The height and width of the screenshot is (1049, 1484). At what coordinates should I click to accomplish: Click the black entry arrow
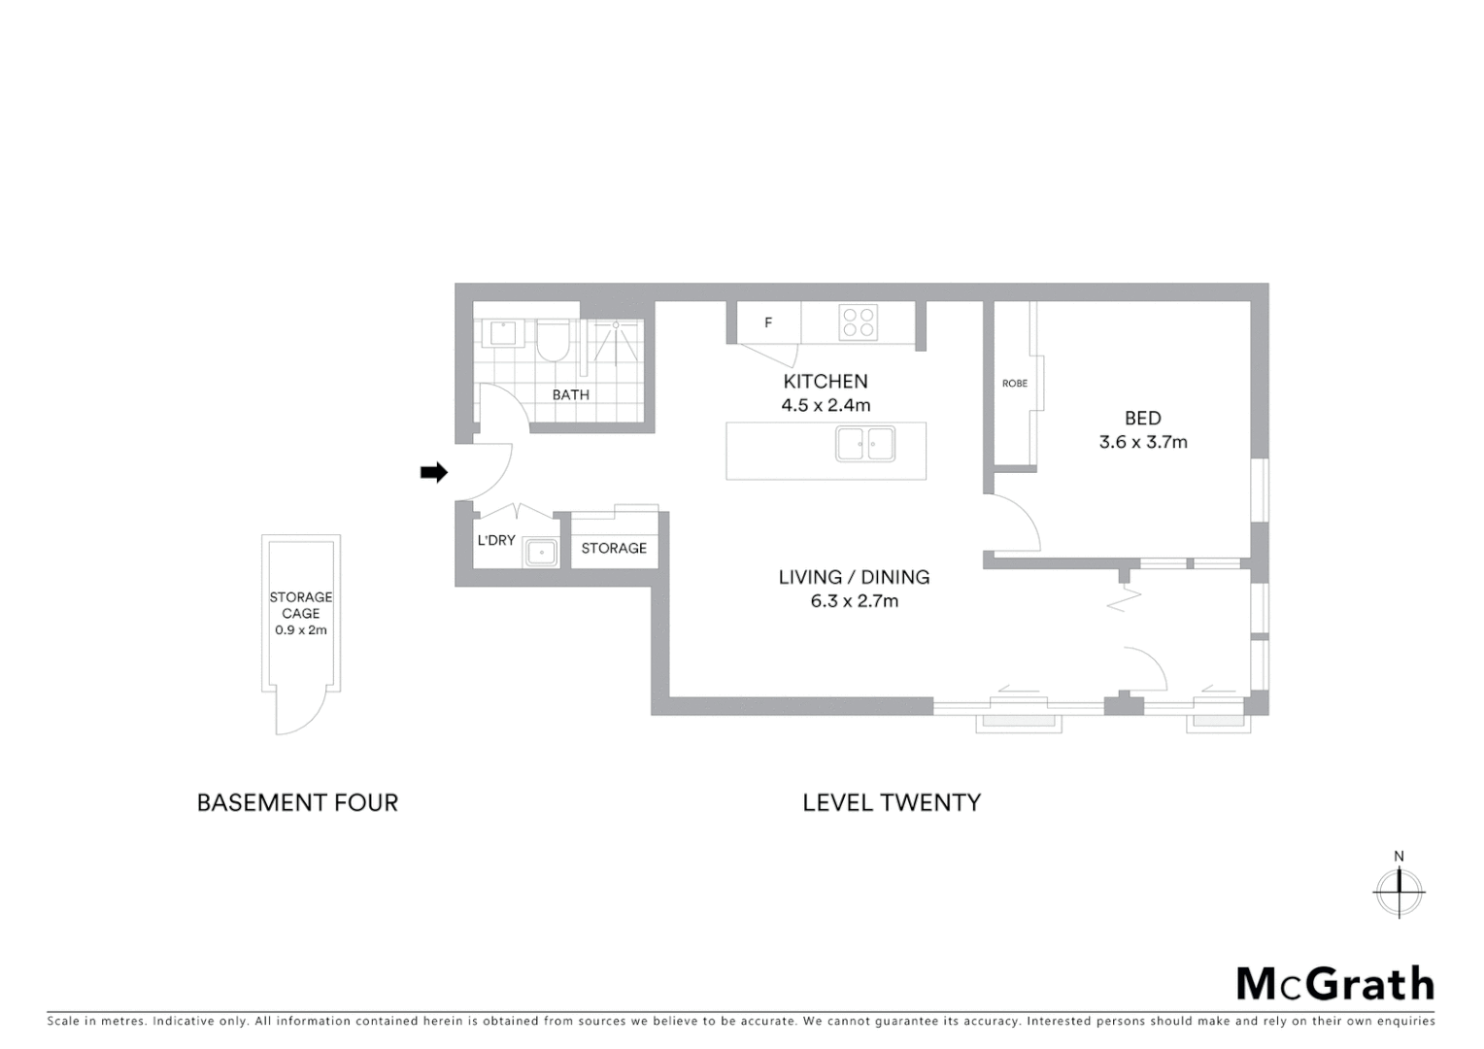[x=433, y=473]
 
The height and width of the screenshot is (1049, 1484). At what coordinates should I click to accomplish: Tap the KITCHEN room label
[x=826, y=382]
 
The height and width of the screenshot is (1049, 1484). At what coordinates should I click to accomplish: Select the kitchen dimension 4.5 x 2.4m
[x=826, y=405]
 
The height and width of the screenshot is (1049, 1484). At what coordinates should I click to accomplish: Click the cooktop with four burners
[x=859, y=322]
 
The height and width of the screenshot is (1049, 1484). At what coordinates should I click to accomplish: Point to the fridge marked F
[x=768, y=322]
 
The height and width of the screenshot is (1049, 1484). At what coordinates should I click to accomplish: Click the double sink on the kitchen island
[x=865, y=444]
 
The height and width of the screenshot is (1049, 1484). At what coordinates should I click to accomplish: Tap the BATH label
[x=571, y=395]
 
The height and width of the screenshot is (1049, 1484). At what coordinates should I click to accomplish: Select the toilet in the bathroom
[x=553, y=341]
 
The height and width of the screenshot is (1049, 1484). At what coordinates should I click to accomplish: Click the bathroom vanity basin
[x=503, y=333]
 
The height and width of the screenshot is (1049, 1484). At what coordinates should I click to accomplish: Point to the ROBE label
[x=1015, y=384]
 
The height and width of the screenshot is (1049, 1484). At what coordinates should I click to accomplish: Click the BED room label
[x=1143, y=419]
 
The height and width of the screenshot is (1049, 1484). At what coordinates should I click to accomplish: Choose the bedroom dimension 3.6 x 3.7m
[x=1143, y=442]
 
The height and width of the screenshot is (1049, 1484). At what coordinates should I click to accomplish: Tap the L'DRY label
[x=495, y=540]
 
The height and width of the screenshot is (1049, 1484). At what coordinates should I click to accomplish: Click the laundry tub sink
[x=540, y=553]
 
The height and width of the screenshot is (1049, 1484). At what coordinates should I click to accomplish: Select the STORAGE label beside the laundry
[x=614, y=549]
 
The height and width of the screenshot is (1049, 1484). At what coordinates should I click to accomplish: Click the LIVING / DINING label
[x=855, y=577]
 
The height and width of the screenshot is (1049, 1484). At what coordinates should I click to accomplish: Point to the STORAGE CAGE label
[x=301, y=605]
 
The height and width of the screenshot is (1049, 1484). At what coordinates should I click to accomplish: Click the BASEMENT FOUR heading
[x=297, y=803]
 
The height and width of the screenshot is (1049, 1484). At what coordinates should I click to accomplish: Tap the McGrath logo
[x=1335, y=984]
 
